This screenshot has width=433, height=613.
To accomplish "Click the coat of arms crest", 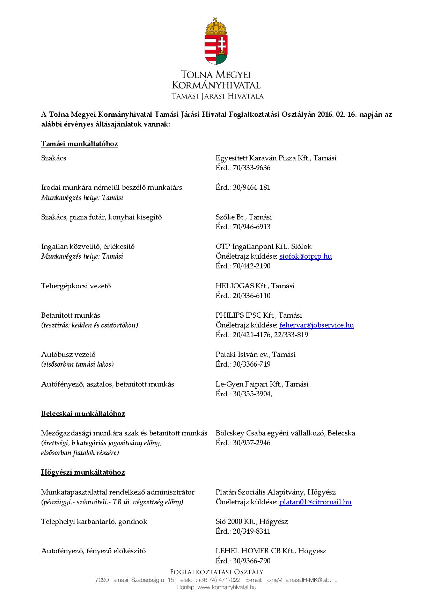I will [216, 41].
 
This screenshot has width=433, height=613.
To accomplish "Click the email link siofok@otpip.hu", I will [306, 256].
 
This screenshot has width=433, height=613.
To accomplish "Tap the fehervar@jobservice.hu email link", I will [316, 325].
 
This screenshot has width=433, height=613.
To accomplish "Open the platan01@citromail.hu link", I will [315, 502].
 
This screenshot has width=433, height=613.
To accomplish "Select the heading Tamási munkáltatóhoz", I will [79, 144].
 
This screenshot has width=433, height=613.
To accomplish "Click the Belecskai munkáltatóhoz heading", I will [83, 413].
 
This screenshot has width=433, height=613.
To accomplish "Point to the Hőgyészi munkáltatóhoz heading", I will [83, 472].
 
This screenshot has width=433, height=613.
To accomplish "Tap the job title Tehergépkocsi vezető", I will [76, 286].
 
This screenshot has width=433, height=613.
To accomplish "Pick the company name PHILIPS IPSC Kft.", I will [245, 315].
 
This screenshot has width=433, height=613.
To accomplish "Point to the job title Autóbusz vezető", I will [68, 354].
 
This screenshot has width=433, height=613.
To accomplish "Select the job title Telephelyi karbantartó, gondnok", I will [94, 521].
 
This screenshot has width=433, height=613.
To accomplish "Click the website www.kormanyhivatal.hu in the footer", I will [227, 587].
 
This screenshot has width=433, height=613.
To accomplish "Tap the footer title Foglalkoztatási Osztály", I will [216, 572].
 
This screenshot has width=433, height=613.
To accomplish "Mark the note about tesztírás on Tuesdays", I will [89, 325].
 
